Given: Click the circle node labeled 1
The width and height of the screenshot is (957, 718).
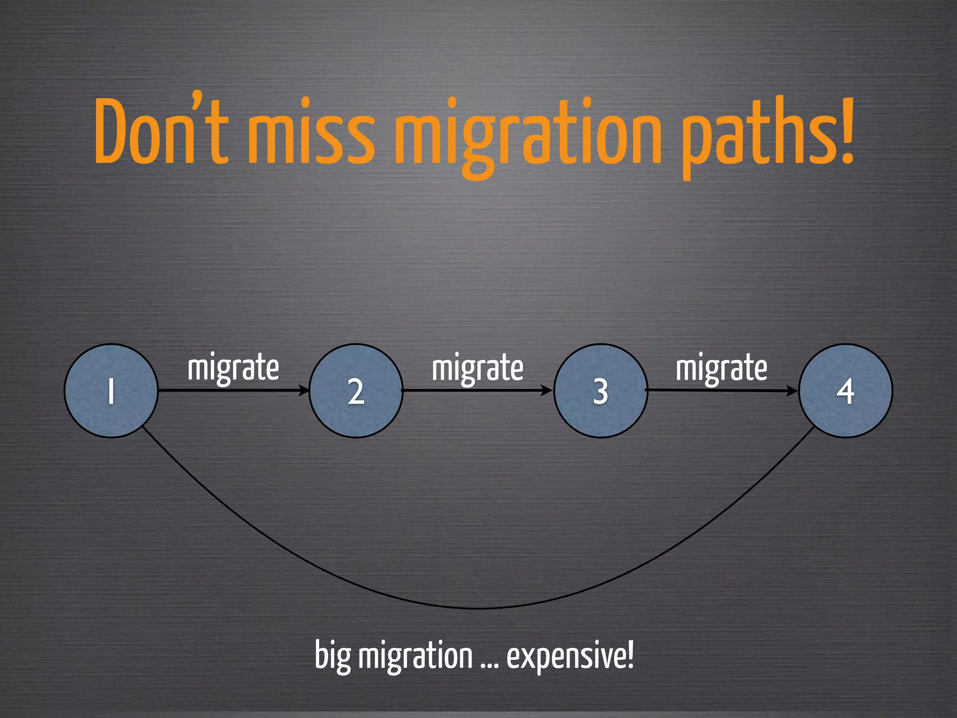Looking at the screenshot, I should pos(111,391).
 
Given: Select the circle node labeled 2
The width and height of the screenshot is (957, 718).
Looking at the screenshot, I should pos(356,391).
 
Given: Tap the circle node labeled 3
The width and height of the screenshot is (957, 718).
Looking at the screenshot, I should pos(601,391).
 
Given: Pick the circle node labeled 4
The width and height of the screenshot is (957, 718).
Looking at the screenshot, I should pos(846,391).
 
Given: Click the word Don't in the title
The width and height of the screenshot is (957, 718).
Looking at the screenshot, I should pos(161,132).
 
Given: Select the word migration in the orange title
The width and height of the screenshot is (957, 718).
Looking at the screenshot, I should pos(528,136).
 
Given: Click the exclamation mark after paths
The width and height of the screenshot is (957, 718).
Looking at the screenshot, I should pos(847,131).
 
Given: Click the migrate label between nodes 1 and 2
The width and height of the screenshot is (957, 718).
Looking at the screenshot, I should pos(233,369).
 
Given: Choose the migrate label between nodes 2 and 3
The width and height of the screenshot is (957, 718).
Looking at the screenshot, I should pos(478,369).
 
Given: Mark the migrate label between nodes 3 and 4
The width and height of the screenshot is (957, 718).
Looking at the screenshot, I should pos(721,369).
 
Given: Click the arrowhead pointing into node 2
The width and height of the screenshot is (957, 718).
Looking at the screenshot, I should pos(304,390).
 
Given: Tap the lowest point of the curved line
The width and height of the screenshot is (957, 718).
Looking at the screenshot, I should pos(478,608).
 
